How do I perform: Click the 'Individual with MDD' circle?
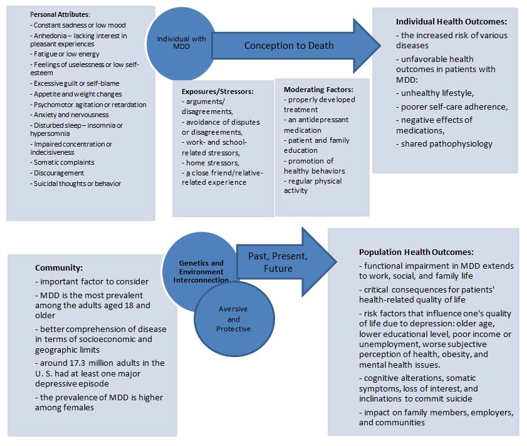point(181,43)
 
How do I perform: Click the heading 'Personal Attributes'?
point(60,14)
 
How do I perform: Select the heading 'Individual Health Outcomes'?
point(446,21)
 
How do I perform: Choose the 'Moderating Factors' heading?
point(318,90)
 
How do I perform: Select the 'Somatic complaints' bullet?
point(65,162)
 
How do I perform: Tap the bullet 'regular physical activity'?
point(313,185)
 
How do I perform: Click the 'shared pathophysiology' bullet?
point(446,144)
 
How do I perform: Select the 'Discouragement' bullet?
point(59,173)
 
